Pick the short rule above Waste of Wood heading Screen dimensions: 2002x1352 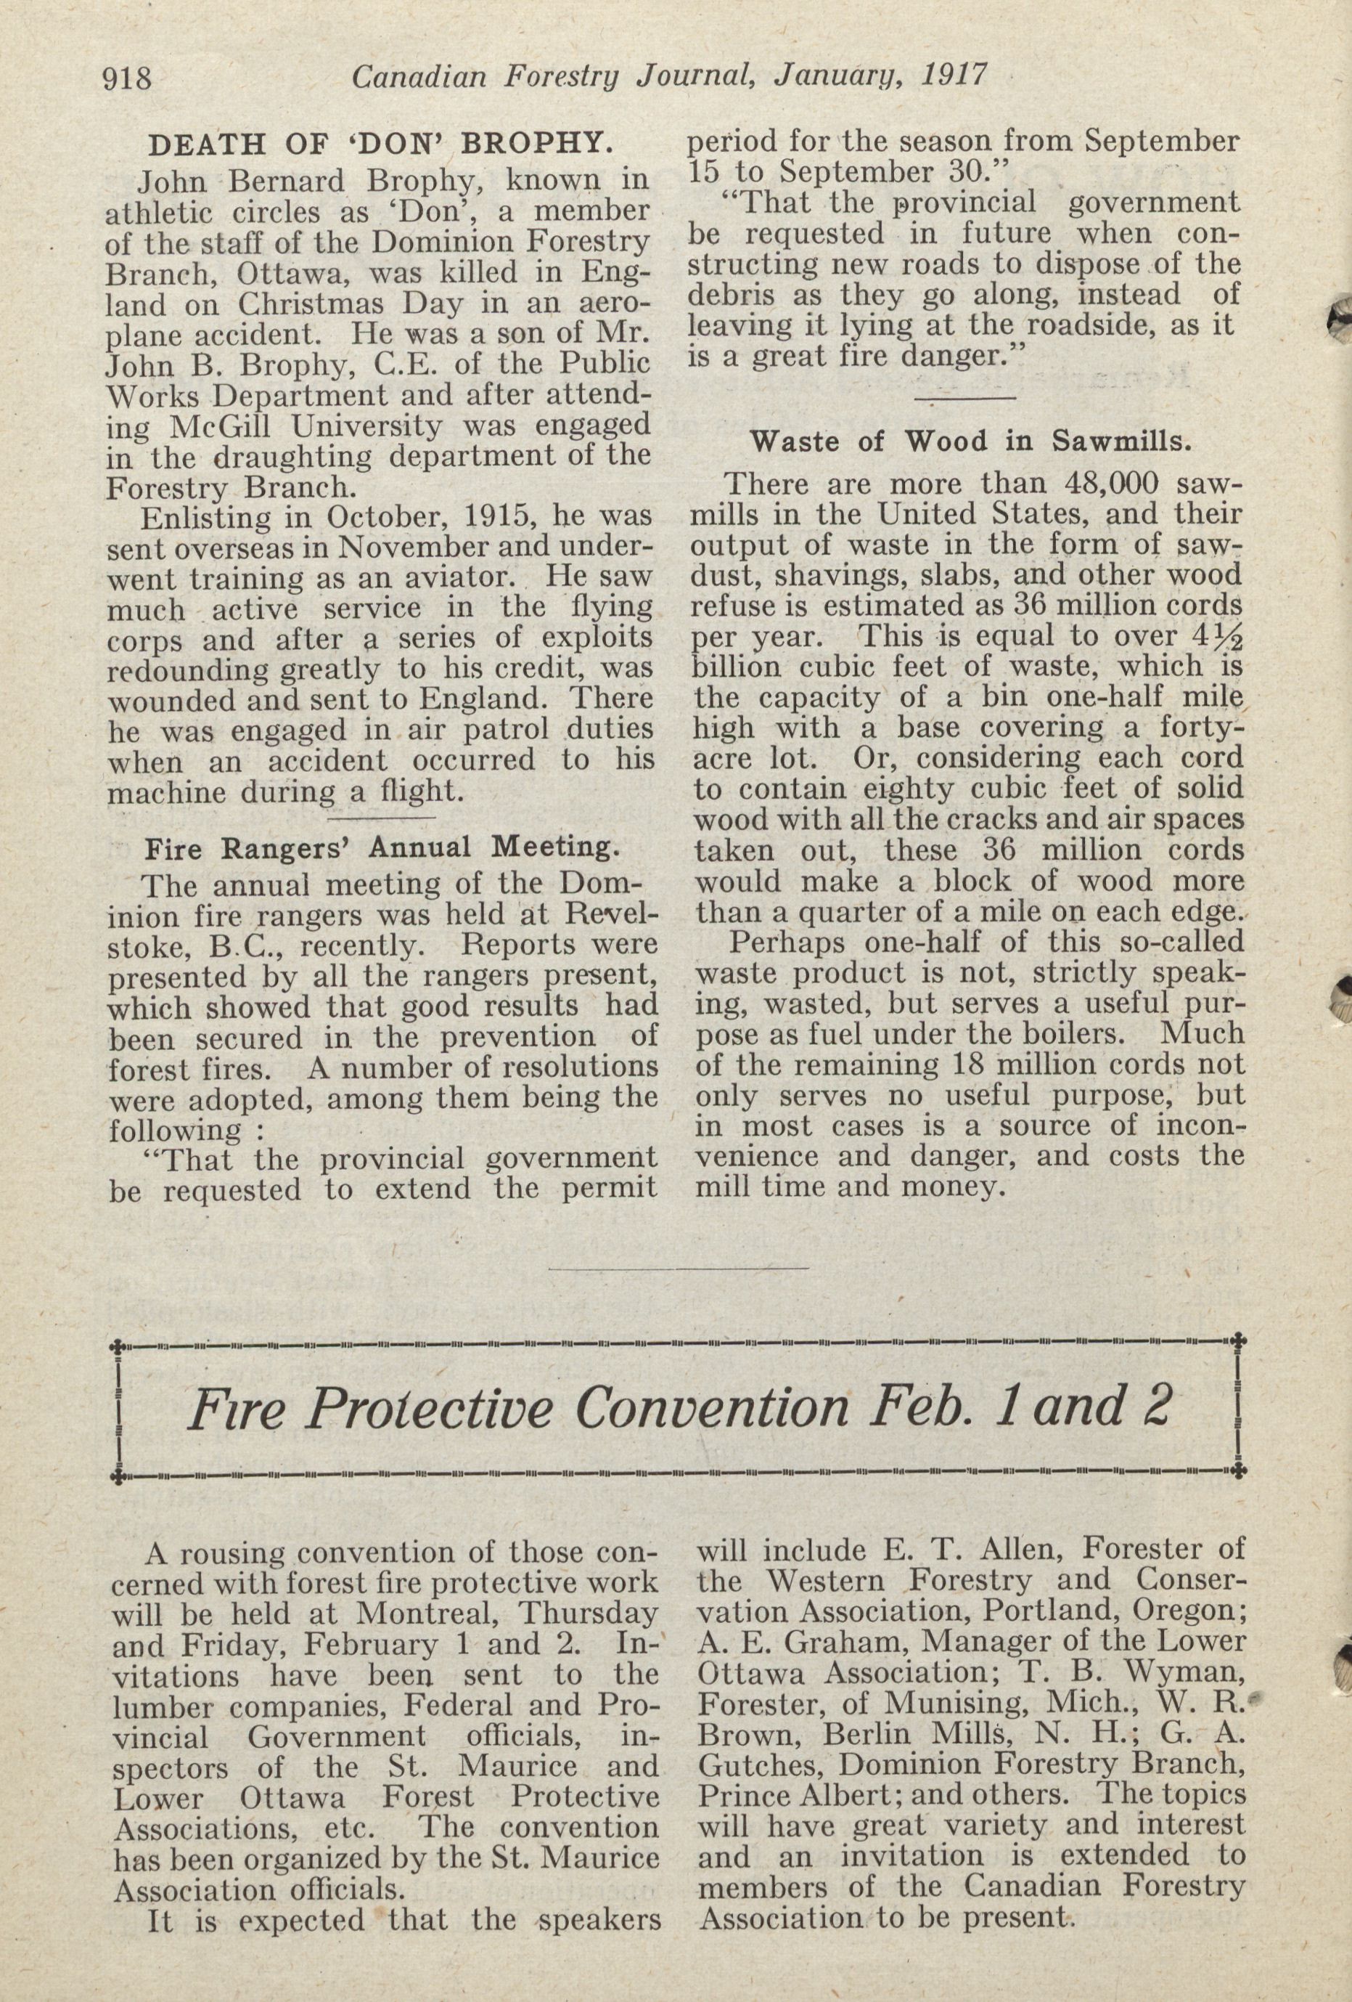tap(964, 399)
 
